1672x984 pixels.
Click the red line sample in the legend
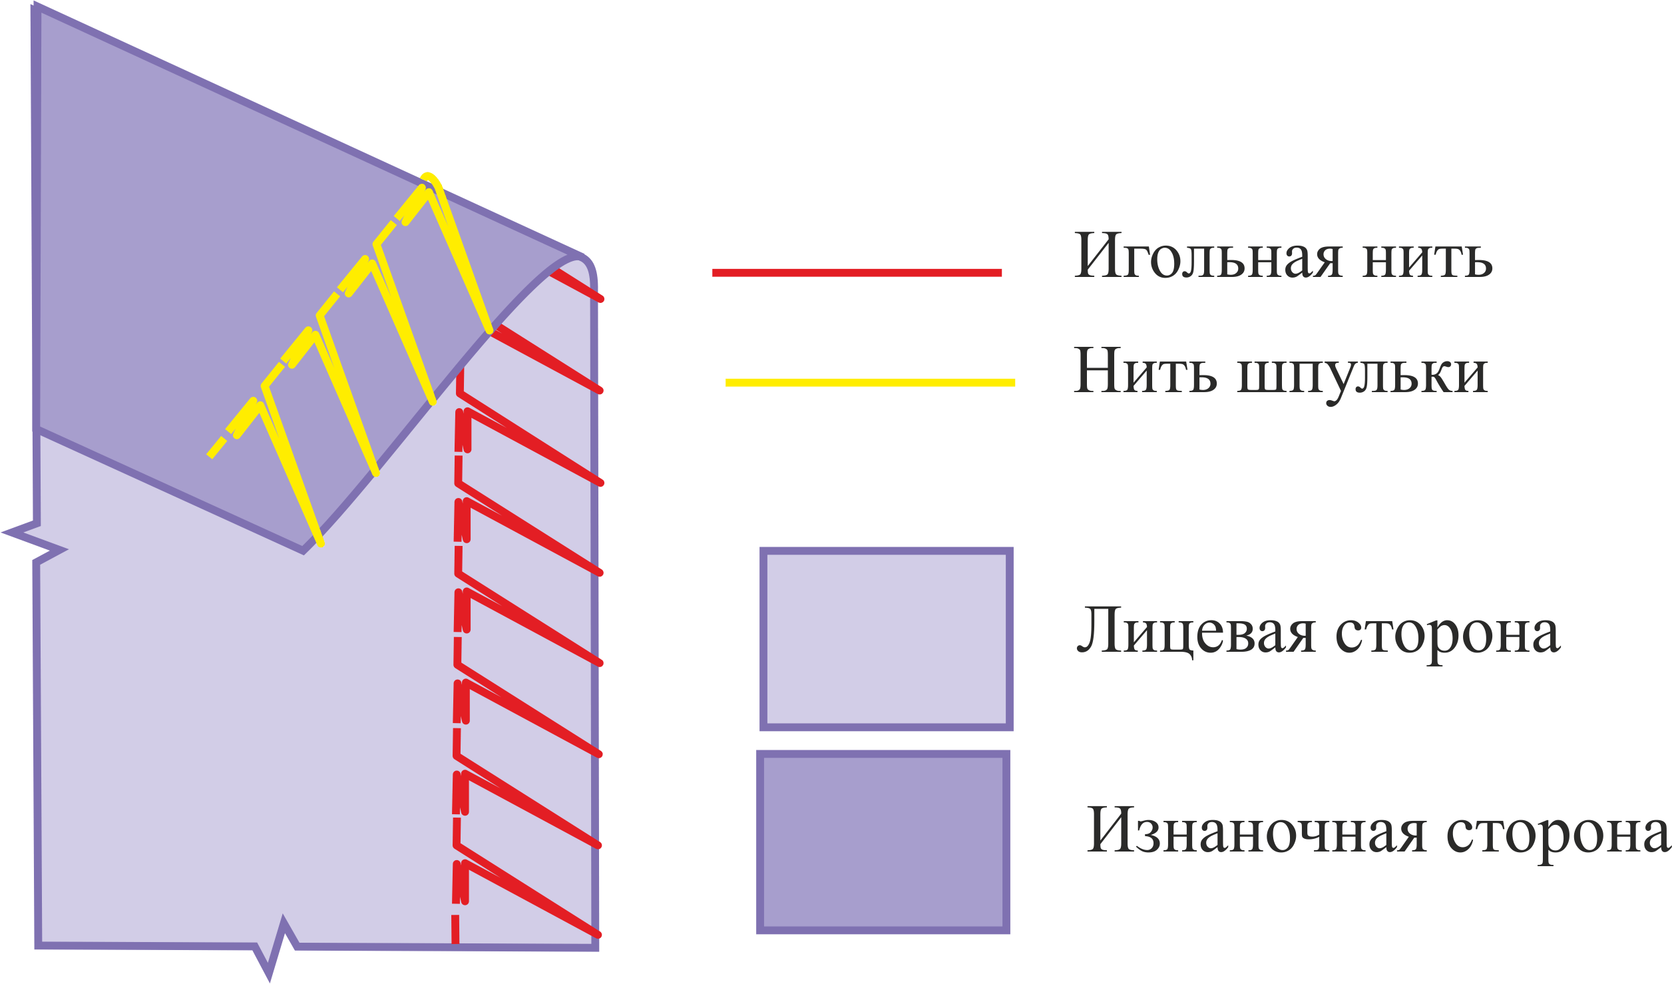pyautogui.click(x=857, y=272)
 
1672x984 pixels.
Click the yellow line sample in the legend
pyautogui.click(x=870, y=382)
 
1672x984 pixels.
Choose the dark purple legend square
pyautogui.click(x=883, y=842)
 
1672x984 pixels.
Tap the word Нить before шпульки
pyautogui.click(x=1146, y=369)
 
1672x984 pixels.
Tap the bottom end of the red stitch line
pyautogui.click(x=455, y=942)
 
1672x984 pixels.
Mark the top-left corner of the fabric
pyautogui.click(x=35, y=7)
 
